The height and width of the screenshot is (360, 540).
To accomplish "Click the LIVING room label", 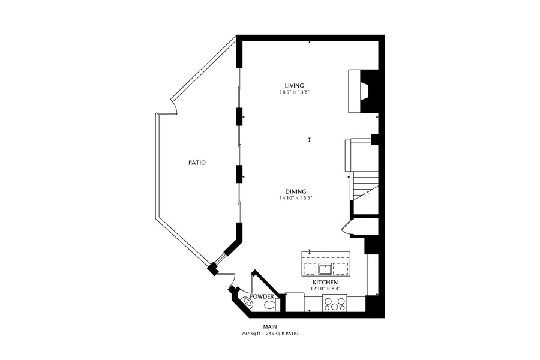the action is point(294,86).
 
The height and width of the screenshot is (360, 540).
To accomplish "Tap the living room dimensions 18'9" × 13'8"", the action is point(292,92).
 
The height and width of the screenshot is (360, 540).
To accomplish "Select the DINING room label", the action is point(295,191).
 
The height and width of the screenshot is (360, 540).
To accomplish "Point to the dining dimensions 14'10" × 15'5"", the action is point(296,198).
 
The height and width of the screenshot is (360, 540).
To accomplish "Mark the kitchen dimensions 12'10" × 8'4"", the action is point(324,289).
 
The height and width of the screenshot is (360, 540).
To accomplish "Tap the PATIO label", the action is point(197,163).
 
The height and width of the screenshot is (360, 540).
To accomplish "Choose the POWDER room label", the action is point(262,296).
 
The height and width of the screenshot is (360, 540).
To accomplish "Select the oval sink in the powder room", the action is point(247,302).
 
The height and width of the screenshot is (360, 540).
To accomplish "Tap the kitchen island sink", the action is point(325,268).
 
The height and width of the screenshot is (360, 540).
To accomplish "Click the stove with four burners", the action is point(334,304).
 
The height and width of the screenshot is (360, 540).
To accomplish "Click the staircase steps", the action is point(365,188).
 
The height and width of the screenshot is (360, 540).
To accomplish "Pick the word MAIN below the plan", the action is point(270,326).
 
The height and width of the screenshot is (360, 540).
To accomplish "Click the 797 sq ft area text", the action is point(253,334).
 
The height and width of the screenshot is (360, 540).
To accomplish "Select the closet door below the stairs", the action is point(345,228).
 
